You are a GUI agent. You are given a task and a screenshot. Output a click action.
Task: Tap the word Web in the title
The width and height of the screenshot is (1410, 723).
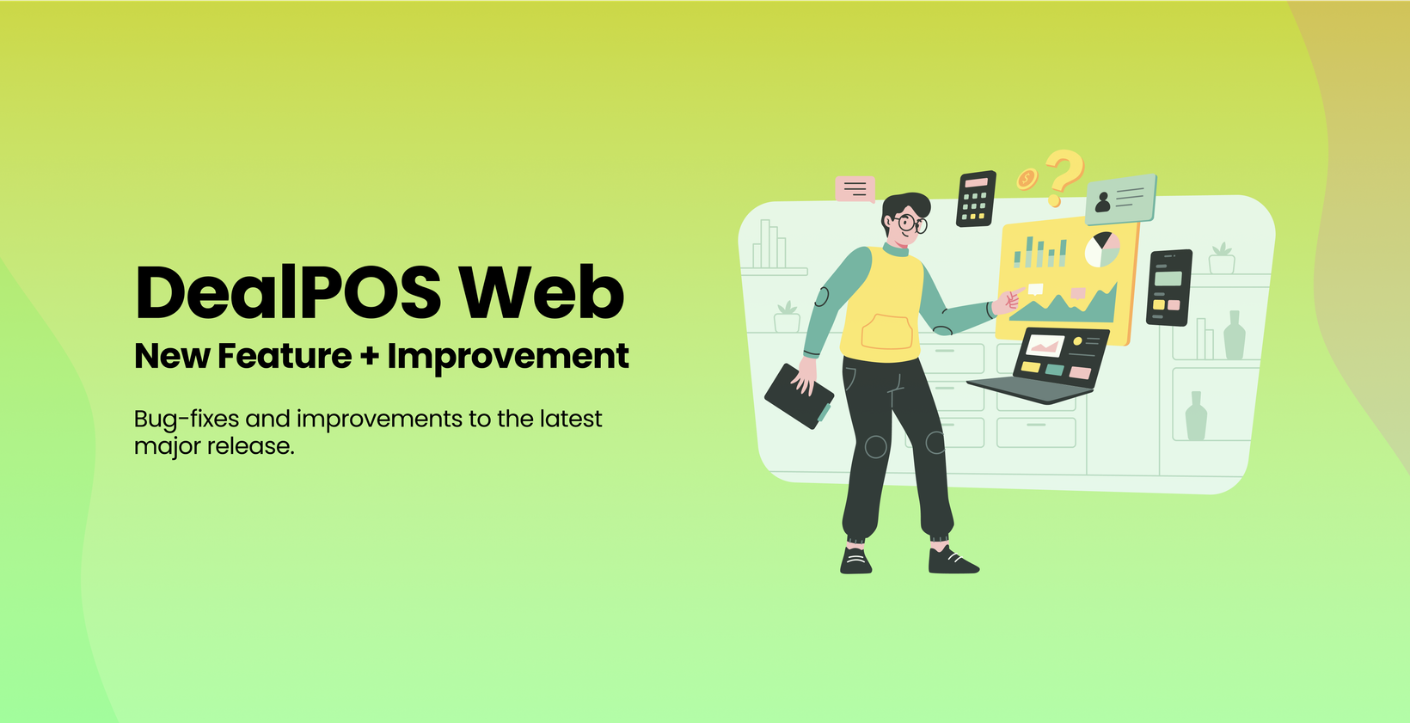pos(542,292)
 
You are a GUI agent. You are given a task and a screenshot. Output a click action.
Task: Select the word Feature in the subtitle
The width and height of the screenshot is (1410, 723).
pos(285,356)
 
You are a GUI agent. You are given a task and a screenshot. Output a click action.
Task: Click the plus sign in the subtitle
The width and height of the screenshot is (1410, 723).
pos(370,356)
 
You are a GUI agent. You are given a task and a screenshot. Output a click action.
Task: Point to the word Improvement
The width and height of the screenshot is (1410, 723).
pos(508,357)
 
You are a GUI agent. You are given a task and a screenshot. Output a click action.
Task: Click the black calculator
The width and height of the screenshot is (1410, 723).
pos(977,199)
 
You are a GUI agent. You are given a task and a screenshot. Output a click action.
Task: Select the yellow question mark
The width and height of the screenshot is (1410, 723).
pos(1064,176)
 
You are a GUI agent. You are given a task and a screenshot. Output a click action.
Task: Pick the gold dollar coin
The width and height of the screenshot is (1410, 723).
pos(1027,180)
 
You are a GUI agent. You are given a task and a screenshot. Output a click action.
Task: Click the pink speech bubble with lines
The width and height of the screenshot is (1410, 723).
pos(855,189)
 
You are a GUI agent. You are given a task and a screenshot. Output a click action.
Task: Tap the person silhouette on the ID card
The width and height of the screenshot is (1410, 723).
pos(1102,202)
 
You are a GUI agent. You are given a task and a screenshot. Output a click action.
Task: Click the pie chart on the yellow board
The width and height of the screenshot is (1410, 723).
pos(1102,250)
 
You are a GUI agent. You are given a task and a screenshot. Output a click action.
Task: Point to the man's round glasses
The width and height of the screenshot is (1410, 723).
pos(910,224)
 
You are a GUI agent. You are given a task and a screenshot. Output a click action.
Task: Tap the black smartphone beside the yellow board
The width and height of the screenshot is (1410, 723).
pos(1169,287)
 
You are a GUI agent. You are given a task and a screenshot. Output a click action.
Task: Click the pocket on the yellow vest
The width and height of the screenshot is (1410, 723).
pos(886,332)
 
